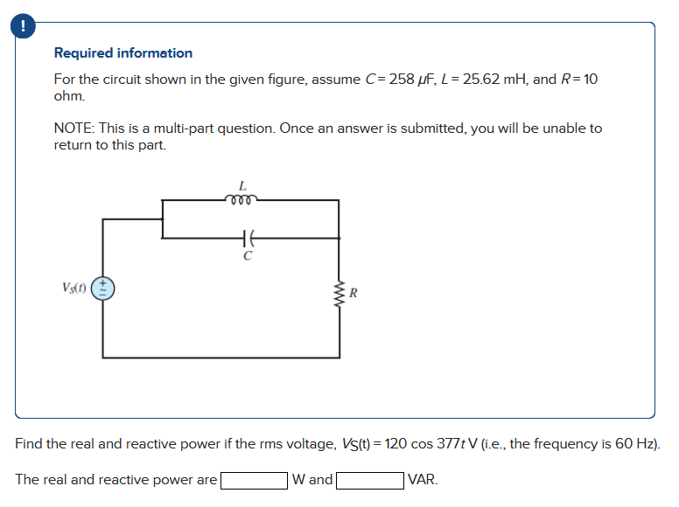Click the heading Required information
[x=123, y=53]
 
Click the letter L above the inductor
[x=242, y=185]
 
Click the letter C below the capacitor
[x=248, y=256]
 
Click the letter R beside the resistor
[x=352, y=293]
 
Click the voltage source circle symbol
[x=103, y=288]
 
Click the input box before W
[x=255, y=480]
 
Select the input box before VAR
[x=370, y=480]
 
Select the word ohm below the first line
[x=69, y=95]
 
